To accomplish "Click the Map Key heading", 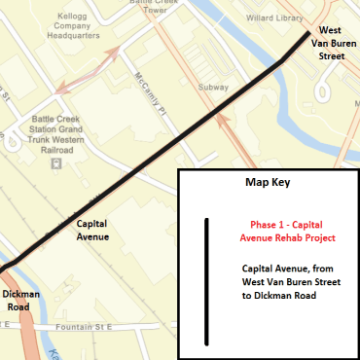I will click(x=268, y=182).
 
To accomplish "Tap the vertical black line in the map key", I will click(x=206, y=281).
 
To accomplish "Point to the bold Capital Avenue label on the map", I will click(x=92, y=230).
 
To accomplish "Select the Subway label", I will click(x=213, y=87).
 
